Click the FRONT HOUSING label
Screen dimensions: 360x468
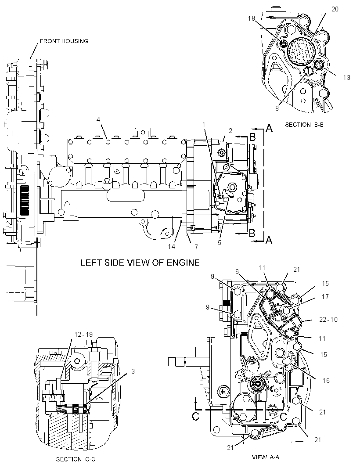point(64,41)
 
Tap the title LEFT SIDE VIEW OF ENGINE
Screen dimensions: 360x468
point(140,263)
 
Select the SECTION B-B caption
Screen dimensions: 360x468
point(304,125)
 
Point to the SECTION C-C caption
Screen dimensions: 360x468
point(76,459)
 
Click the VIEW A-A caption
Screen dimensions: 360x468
point(266,457)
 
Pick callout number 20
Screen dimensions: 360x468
point(335,9)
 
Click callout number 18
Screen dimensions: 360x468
point(252,18)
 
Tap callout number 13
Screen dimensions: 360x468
point(346,78)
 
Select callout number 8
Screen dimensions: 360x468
point(277,108)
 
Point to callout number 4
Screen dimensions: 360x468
point(98,120)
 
